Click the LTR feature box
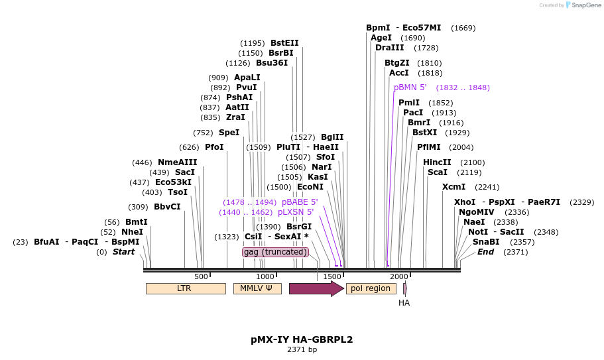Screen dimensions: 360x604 pyautogui.click(x=185, y=288)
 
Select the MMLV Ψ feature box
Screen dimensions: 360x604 pyautogui.click(x=257, y=288)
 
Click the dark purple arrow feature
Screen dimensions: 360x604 pyautogui.click(x=316, y=288)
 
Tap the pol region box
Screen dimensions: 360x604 pyautogui.click(x=371, y=288)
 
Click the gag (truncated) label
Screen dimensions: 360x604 pyautogui.click(x=275, y=252)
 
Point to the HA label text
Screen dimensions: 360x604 pyautogui.click(x=404, y=303)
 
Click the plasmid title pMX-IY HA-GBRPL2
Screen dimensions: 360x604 pyautogui.click(x=302, y=339)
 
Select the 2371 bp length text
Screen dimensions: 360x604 pyautogui.click(x=302, y=349)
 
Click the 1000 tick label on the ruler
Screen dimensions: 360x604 pyautogui.click(x=265, y=276)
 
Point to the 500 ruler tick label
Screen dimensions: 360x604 pyautogui.click(x=201, y=276)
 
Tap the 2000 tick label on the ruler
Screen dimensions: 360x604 pyautogui.click(x=398, y=276)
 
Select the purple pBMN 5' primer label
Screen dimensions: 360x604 pyautogui.click(x=410, y=88)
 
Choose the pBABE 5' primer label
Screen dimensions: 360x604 pyautogui.click(x=300, y=202)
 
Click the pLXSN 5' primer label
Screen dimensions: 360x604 pyautogui.click(x=296, y=212)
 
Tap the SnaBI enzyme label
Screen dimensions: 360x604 pyautogui.click(x=486, y=242)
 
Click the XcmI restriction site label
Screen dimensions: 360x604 pyautogui.click(x=453, y=187)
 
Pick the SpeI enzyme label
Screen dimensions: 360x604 pyautogui.click(x=229, y=133)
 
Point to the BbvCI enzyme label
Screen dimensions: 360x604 pyautogui.click(x=167, y=207)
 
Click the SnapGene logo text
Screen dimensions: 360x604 pyautogui.click(x=586, y=5)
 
